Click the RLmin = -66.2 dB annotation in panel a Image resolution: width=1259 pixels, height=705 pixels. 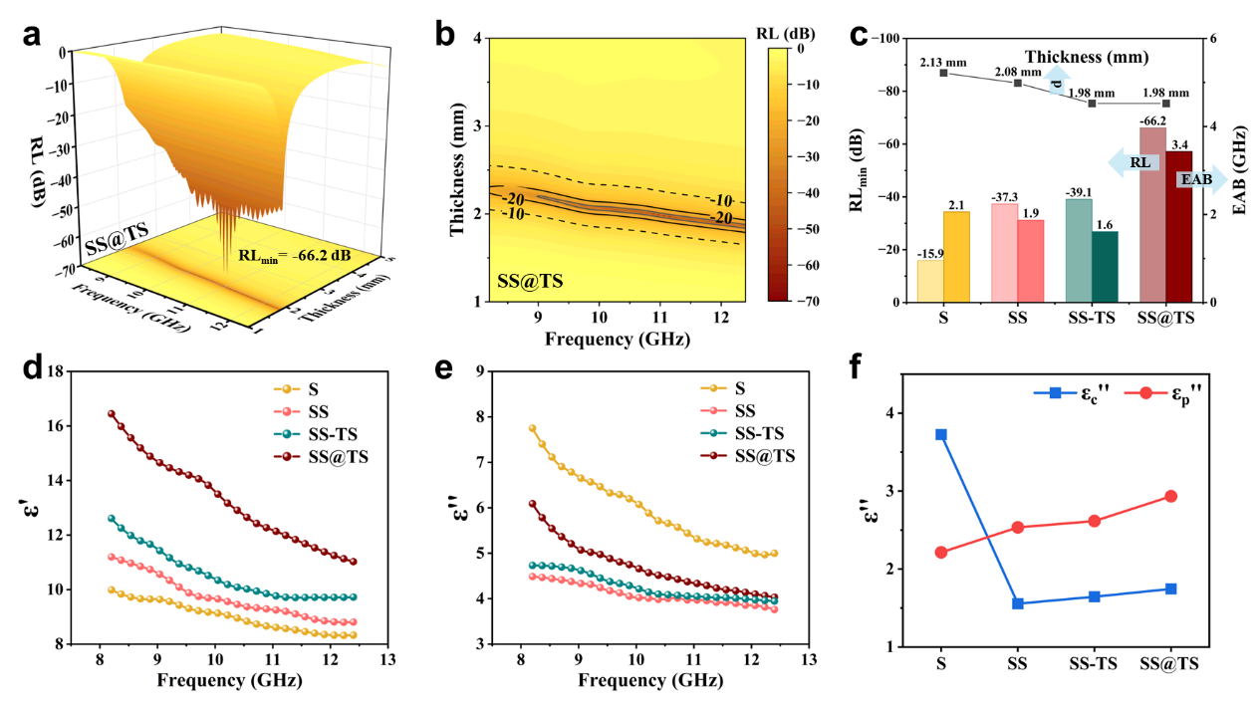(x=294, y=255)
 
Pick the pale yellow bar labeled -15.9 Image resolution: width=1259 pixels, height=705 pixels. (x=929, y=281)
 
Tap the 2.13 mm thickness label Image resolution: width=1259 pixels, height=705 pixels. (x=943, y=63)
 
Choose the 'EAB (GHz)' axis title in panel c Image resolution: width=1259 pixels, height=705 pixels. (x=1238, y=170)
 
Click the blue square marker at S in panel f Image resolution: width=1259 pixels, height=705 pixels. (x=940, y=434)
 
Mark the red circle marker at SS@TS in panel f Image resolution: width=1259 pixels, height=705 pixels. (x=1170, y=496)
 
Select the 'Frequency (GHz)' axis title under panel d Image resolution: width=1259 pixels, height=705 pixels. (x=229, y=682)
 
